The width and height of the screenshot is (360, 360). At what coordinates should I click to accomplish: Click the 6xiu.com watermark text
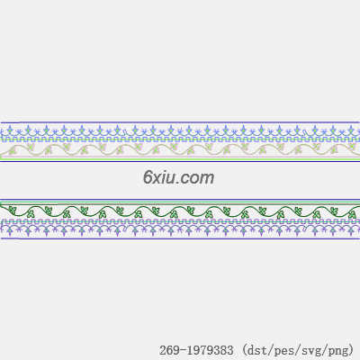[x=178, y=178]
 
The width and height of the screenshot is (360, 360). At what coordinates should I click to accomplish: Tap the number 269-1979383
[x=196, y=350]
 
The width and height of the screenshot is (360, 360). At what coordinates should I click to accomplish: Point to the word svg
[x=311, y=351]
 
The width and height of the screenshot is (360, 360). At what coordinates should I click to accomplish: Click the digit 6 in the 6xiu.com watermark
[x=148, y=177]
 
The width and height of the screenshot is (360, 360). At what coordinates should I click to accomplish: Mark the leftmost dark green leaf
[x=12, y=210]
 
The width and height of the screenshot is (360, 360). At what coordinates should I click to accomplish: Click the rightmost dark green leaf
[x=353, y=214]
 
